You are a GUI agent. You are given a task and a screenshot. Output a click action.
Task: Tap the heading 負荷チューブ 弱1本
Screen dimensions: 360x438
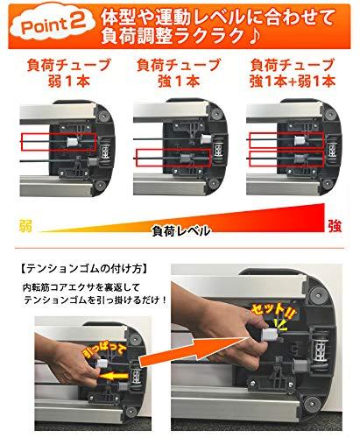point(69,73)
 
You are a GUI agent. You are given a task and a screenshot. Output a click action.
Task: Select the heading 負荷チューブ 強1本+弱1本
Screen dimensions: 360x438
point(293,73)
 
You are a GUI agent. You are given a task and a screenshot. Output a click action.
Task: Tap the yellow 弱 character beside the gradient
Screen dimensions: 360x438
point(25,226)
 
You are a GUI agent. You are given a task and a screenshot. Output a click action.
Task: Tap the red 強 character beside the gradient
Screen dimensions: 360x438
point(335,225)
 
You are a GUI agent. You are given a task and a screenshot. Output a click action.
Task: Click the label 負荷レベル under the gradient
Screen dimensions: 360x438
point(181,231)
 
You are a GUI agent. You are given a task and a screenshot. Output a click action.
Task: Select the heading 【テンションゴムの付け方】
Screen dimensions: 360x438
point(84,269)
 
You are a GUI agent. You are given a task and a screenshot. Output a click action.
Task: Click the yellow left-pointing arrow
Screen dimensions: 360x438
point(113,376)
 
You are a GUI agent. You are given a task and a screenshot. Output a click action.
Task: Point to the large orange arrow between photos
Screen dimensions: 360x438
point(199,350)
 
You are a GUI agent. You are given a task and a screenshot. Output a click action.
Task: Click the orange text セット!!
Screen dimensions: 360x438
point(273,314)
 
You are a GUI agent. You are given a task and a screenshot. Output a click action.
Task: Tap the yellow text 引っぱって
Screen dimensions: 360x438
point(104,351)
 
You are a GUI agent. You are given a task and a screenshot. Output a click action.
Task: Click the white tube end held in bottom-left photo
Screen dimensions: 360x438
point(102,364)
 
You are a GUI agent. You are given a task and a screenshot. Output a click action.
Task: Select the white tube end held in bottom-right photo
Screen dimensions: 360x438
point(270,334)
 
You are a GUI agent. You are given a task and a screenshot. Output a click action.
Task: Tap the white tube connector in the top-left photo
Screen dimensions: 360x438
point(73,142)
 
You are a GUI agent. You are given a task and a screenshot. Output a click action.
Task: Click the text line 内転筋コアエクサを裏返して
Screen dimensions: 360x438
point(81,287)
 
